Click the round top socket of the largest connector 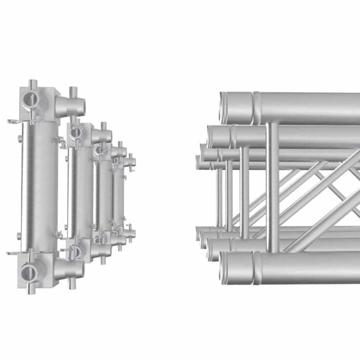pos(31,98)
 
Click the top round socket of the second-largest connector pos(76,133)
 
